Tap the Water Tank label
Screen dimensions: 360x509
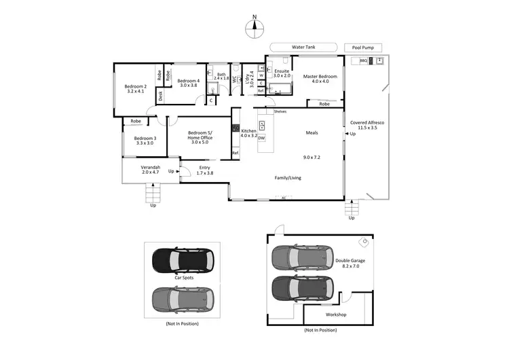[x=303, y=47]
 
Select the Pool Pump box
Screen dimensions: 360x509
[x=363, y=48]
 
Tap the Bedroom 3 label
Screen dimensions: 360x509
[x=145, y=141]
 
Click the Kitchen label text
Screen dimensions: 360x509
[x=249, y=131]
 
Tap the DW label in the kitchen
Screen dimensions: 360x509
[x=261, y=139]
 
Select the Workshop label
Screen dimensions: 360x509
[x=335, y=315]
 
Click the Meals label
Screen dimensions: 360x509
[x=312, y=133]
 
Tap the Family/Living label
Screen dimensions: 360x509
[x=288, y=178]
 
